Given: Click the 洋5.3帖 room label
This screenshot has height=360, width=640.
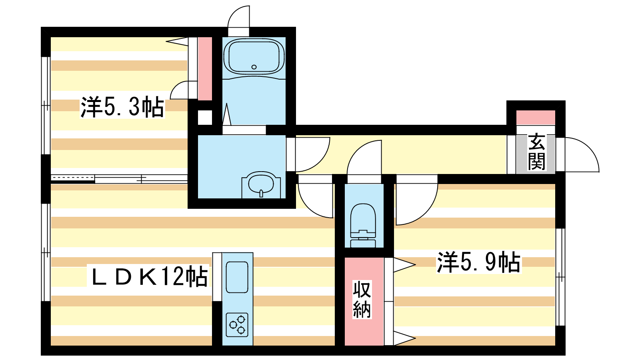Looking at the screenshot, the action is point(122,107).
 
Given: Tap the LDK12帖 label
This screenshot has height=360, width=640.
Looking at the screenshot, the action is point(148,276).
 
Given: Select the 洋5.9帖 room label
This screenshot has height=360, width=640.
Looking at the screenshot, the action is point(479,262).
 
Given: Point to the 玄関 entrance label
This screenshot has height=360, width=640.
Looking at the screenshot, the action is point(536,152).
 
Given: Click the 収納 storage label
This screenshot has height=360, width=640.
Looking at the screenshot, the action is point(362,300).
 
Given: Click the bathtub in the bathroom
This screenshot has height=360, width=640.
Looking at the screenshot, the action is point(254,57).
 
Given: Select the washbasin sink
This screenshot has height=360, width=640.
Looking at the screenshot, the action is point(261,184).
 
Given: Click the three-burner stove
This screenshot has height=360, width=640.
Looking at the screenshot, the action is point(237,325).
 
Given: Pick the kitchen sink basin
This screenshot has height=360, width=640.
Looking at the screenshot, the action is point(237,277).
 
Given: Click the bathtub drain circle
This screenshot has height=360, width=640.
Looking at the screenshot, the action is point(254,67).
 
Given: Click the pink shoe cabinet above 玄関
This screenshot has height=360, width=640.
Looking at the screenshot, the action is point(536,118).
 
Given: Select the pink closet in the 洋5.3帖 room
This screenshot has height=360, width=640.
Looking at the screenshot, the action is point(205,69).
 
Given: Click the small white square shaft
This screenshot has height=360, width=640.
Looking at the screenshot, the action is point(205,118).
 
